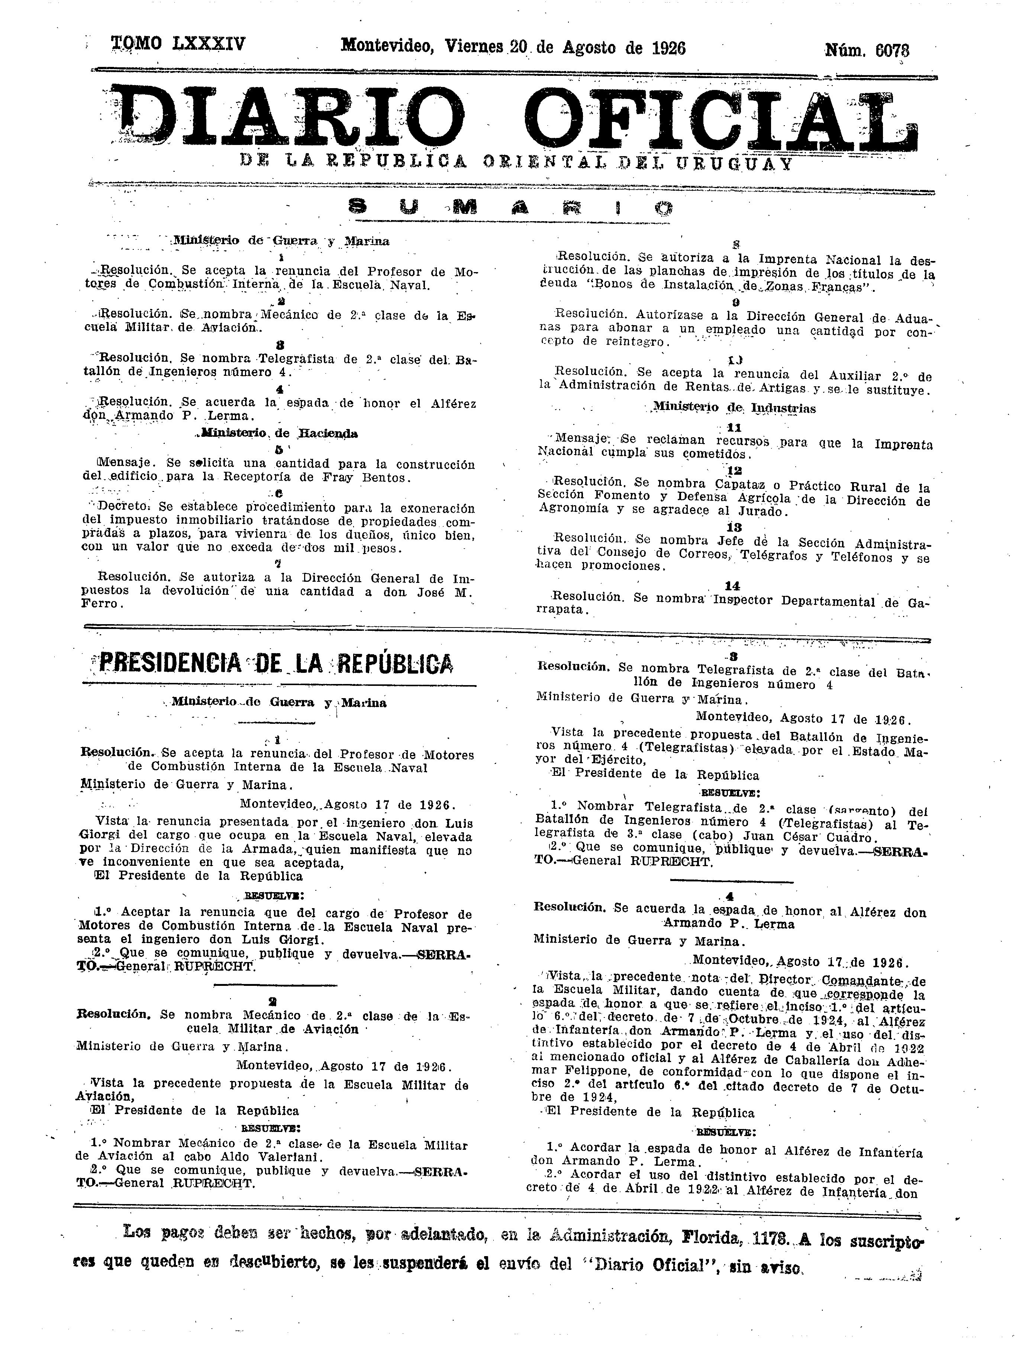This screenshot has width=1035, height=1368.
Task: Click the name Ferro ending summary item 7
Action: point(100,604)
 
